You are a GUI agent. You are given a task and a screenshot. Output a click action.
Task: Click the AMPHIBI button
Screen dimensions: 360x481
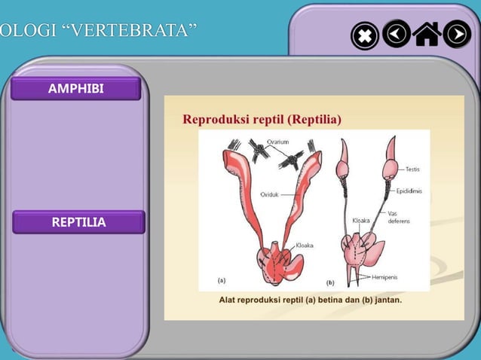[75, 90]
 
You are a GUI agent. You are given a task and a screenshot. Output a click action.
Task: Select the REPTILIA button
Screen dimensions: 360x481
[78, 222]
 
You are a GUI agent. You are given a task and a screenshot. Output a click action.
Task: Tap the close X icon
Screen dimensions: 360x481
[365, 35]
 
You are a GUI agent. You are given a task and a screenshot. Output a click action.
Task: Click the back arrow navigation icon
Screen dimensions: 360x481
[396, 34]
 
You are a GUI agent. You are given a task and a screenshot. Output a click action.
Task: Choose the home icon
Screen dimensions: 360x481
[427, 34]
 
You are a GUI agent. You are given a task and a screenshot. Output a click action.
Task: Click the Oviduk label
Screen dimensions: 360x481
[270, 194]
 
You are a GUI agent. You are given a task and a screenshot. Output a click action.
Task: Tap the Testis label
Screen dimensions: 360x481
[412, 169]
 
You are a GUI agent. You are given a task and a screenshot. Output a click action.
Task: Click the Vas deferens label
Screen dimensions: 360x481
[399, 218]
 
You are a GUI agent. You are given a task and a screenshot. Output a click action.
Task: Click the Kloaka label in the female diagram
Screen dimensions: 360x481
[305, 246]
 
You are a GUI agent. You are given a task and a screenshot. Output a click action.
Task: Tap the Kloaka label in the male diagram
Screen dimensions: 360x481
[361, 221]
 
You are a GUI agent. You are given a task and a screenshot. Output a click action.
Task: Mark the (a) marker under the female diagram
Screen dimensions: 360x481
[222, 280]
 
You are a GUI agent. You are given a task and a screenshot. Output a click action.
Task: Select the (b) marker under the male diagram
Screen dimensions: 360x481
[330, 282]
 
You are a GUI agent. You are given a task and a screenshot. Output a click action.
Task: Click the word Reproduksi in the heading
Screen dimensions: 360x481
[213, 119]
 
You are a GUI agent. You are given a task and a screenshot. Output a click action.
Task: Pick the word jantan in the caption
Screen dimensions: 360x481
[384, 300]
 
